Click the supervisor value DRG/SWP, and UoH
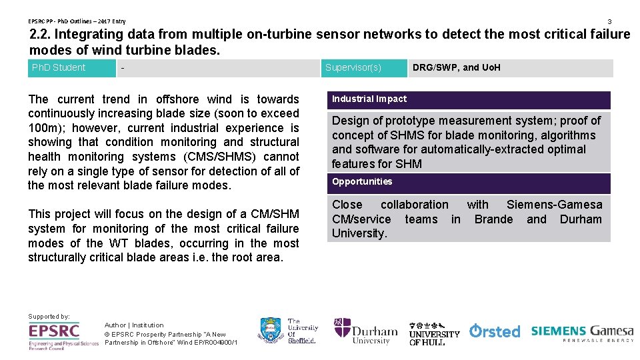(x=456, y=67)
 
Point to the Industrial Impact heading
(x=369, y=99)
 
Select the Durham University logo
(x=366, y=331)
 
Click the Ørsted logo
(x=495, y=331)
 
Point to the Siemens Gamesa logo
(x=582, y=333)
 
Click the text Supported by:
(x=49, y=316)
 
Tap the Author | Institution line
(x=133, y=325)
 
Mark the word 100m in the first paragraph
(x=43, y=128)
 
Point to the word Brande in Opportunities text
(x=493, y=219)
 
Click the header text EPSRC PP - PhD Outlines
(x=63, y=21)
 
